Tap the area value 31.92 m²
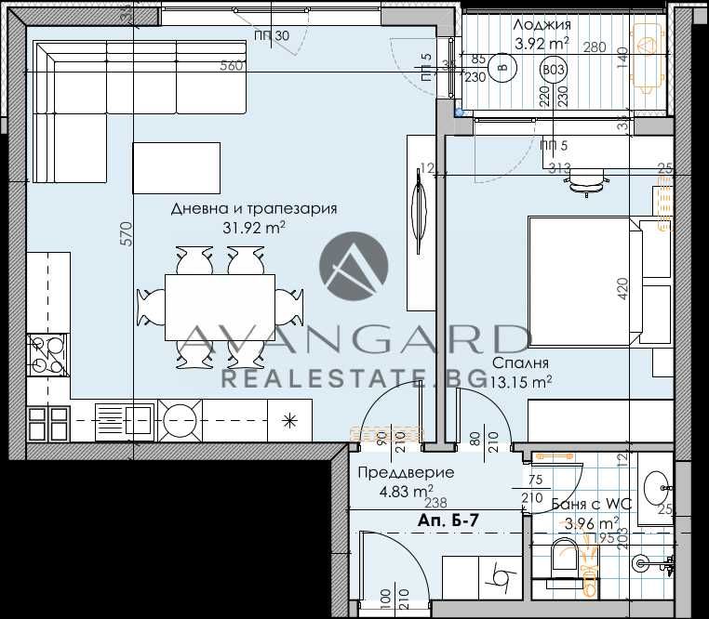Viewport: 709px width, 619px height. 253,226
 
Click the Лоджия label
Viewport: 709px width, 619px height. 542,25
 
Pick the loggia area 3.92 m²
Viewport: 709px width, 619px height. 542,43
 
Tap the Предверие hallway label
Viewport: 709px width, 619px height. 406,472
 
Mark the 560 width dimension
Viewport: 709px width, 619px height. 232,65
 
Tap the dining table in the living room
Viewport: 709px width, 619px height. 220,308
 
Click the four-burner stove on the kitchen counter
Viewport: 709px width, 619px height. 48,352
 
